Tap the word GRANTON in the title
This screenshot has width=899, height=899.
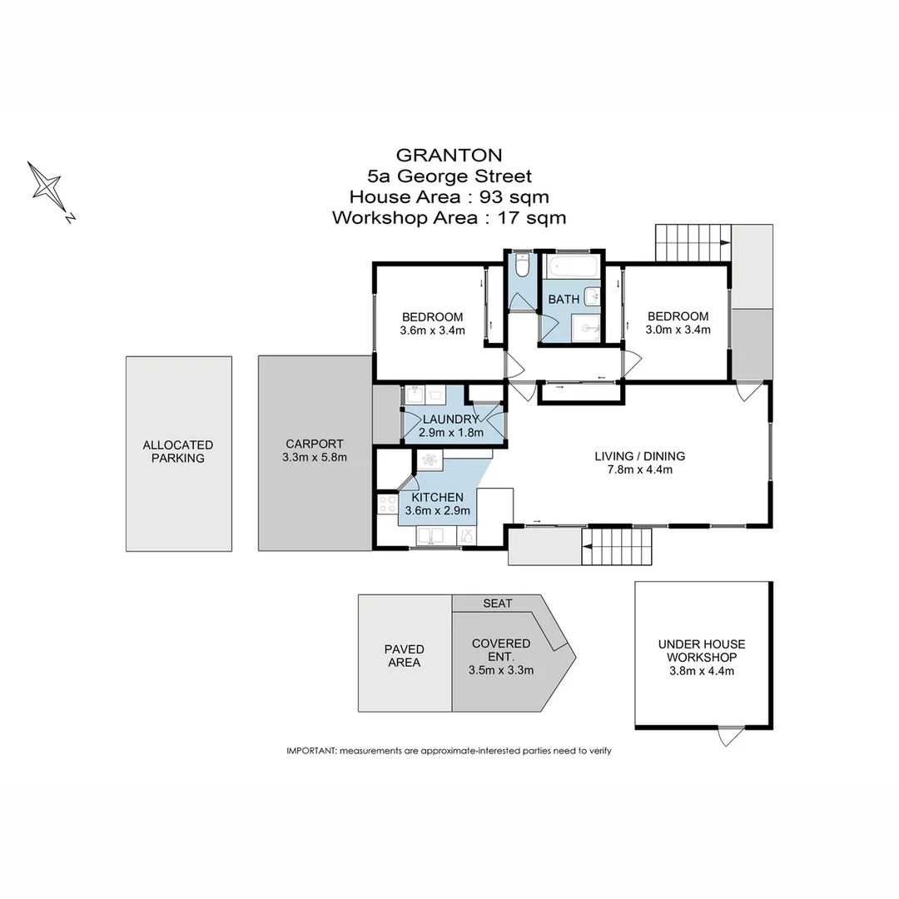pos(449,155)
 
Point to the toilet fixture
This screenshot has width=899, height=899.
pos(522,266)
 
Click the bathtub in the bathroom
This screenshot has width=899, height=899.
pos(572,268)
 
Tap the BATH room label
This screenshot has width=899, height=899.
pos(564,300)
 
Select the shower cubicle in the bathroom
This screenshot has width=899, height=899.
pos(587,328)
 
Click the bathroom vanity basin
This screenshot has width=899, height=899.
pos(592,296)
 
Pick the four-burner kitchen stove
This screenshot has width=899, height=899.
pos(388,504)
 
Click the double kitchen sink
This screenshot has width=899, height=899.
pos(432,535)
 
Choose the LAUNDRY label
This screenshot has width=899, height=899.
pos(450,420)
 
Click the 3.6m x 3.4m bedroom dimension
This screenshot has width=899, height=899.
pos(432,330)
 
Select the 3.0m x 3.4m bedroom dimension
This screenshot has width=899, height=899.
pos(678,330)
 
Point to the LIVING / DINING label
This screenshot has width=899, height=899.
pos(639,456)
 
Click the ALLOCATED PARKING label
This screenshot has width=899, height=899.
pos(178,451)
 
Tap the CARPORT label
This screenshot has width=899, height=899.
pos(315,445)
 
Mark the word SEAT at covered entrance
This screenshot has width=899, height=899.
pos(498,603)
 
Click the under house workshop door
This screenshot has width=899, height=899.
pos(731,735)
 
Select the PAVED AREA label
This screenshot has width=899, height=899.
pos(404,656)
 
